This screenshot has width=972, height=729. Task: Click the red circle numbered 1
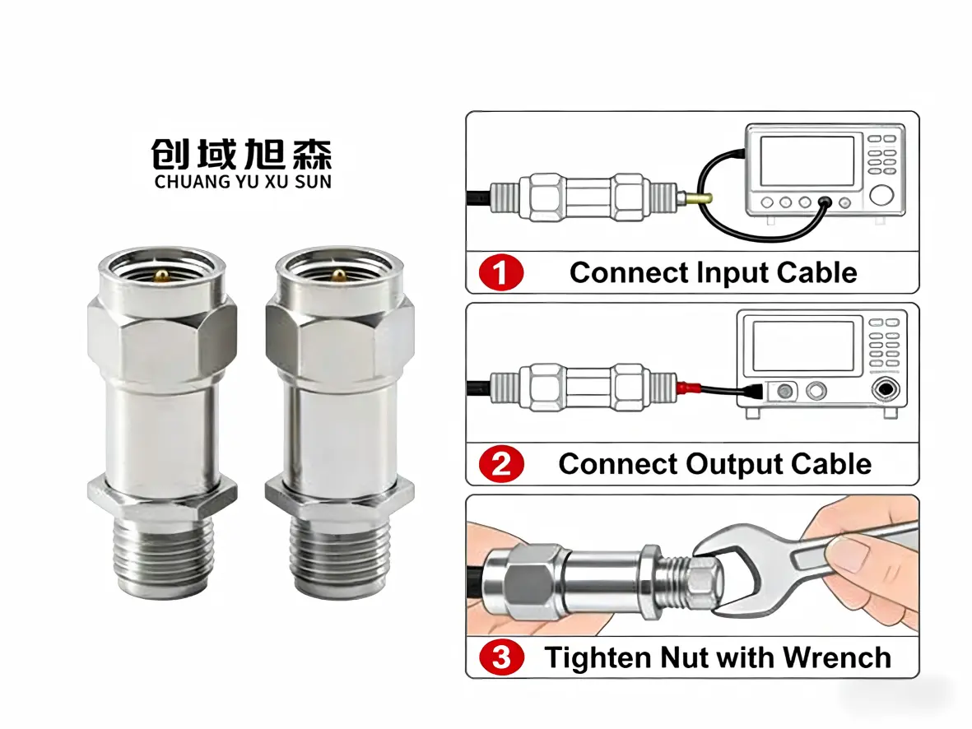tap(502, 273)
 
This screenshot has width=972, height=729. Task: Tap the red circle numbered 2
tap(502, 465)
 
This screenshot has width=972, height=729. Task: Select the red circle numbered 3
tap(502, 657)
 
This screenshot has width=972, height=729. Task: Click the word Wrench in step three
tap(836, 657)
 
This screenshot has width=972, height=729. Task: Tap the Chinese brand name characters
tap(242, 154)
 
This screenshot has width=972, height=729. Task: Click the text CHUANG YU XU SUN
tap(242, 182)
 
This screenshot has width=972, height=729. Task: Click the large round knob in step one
tap(881, 195)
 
